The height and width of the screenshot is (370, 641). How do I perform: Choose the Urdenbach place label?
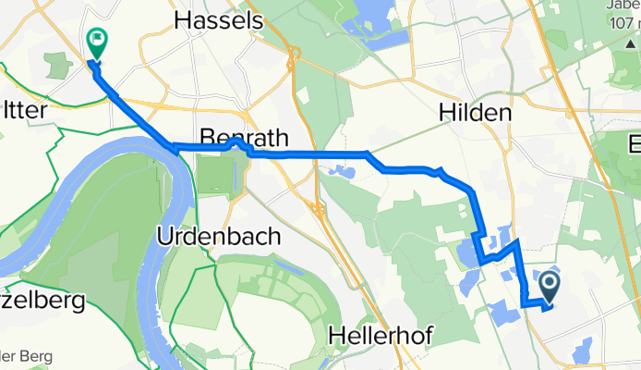point(219,236)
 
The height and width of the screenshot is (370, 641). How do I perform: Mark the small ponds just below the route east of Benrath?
point(340,172)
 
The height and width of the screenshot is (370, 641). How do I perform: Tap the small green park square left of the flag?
point(57,65)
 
